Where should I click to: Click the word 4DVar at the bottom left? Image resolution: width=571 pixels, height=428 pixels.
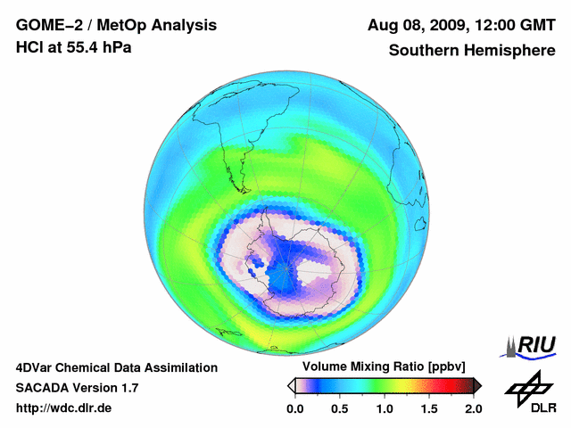[x=36, y=367]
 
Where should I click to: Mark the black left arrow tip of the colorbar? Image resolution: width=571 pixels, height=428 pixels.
[x=290, y=385]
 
